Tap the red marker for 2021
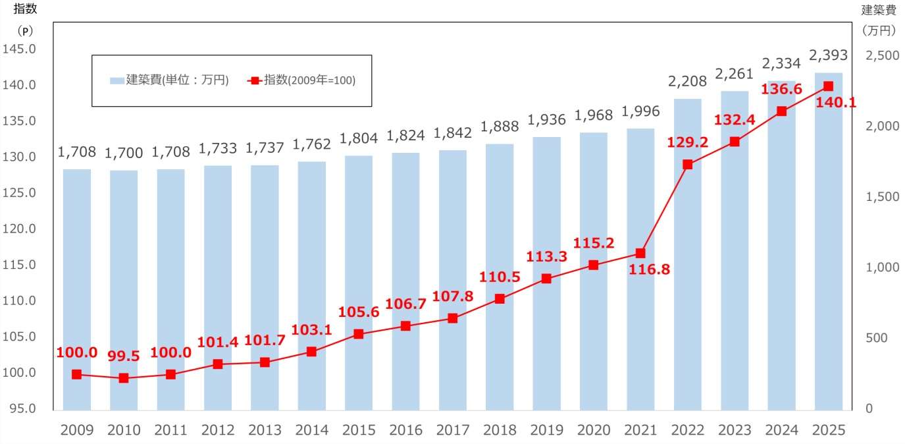(640, 253)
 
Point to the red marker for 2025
(828, 86)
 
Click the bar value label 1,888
(500, 126)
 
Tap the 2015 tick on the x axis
(359, 430)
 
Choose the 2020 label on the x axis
(594, 430)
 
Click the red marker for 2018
(500, 299)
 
